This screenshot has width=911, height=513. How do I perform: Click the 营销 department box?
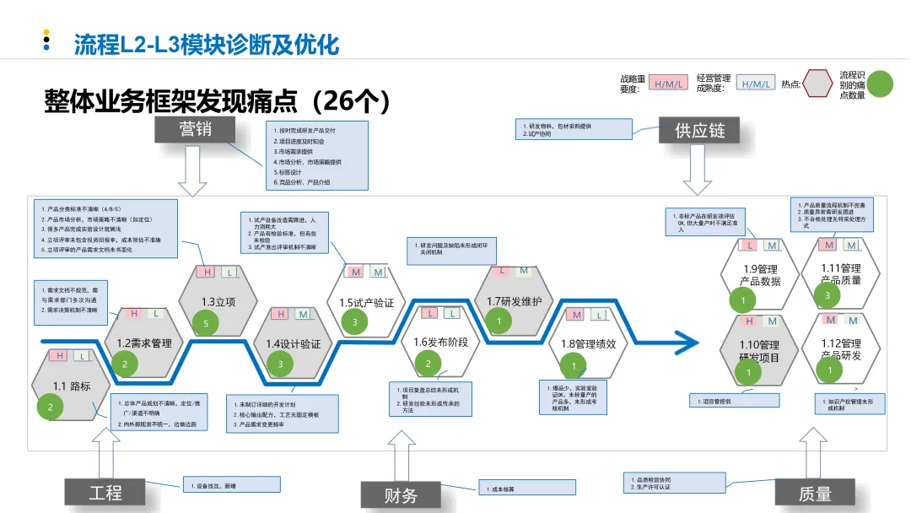[195, 129]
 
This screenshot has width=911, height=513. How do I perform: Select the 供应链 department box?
[699, 130]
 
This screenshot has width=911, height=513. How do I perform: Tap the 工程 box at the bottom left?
[106, 492]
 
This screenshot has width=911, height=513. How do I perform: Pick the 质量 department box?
[814, 494]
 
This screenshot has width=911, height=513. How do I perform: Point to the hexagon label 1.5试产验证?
[366, 302]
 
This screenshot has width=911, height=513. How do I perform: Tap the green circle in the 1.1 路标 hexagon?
[51, 408]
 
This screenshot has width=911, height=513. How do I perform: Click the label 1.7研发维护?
[514, 301]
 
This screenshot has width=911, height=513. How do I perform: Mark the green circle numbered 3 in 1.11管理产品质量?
[827, 295]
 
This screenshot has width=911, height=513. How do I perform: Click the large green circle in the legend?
[881, 84]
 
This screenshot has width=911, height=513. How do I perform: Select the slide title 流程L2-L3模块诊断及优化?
[207, 44]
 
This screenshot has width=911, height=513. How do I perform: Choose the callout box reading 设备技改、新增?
[231, 484]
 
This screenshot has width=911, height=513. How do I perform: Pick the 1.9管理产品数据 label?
[761, 275]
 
